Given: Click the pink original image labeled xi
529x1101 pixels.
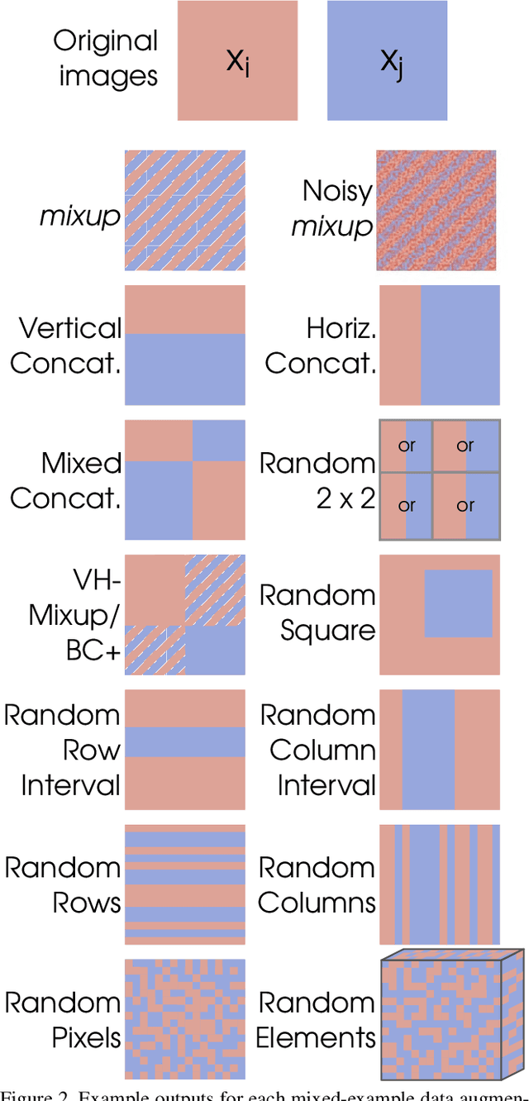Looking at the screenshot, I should (x=237, y=60).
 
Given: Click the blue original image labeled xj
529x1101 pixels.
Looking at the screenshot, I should (x=388, y=60).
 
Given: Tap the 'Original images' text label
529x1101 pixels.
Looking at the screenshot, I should (x=105, y=59).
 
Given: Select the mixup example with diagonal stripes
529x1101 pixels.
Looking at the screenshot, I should (x=184, y=210).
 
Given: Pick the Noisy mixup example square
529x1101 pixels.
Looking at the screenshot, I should (x=436, y=210).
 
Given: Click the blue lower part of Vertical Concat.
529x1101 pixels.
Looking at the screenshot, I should (x=184, y=369).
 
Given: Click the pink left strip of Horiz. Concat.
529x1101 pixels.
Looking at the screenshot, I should (x=399, y=345).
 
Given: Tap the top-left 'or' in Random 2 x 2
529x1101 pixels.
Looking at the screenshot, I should (x=406, y=446).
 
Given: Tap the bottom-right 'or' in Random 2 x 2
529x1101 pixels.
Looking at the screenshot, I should (x=465, y=506).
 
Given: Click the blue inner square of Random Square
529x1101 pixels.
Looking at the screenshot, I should (x=458, y=603).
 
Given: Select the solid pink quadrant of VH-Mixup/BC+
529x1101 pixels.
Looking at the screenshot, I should (x=154, y=584).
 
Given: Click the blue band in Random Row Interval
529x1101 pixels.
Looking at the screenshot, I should (x=184, y=741).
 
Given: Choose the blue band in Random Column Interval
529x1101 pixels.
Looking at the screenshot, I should (x=428, y=749).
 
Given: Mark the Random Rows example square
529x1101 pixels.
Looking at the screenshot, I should (x=184, y=884).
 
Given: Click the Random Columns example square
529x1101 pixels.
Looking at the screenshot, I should (x=440, y=884).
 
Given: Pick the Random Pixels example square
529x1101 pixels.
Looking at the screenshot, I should (x=184, y=1018).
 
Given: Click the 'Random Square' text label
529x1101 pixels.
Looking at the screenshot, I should (x=317, y=612).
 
